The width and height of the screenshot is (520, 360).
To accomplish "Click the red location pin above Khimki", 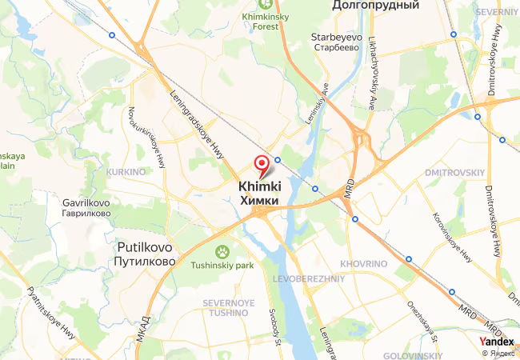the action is point(262,164).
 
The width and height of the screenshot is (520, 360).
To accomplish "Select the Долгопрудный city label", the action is point(376,6).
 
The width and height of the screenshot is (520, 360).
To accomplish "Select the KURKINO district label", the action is point(124,172).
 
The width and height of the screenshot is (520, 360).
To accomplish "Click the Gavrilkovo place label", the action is point(86,202).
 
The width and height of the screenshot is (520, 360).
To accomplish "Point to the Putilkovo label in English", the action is point(145,247).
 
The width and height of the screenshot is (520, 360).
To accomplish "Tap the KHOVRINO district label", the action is point(363,263).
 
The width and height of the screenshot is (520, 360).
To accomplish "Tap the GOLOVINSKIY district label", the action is point(413,354).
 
